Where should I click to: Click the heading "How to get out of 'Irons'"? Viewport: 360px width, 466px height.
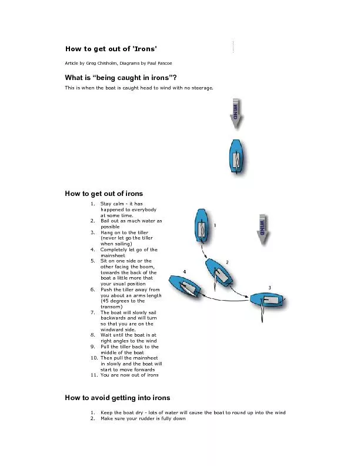coord(111,48)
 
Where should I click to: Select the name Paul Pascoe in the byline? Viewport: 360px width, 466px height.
coord(159,63)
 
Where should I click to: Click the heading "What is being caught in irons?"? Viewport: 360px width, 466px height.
coord(121,78)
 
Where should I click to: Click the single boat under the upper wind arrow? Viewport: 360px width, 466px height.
coord(235,157)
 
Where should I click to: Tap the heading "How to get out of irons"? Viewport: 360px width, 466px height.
coord(104,193)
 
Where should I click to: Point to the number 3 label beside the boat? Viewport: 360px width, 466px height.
coord(269,287)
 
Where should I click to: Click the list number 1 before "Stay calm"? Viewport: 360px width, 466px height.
coord(92,204)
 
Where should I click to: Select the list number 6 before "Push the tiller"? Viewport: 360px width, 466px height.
coord(92,289)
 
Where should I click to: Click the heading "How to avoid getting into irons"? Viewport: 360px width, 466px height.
coord(117,398)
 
